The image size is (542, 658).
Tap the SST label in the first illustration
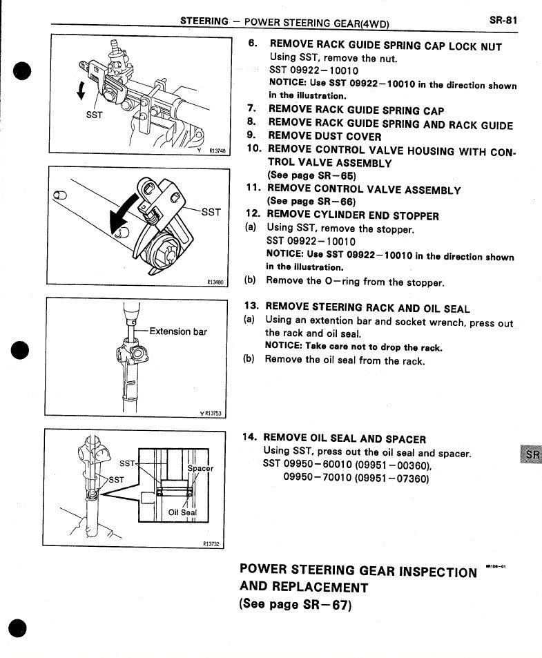pos(94,115)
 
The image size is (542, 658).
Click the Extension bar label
pos(178,331)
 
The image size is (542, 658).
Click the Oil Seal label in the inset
pos(182,512)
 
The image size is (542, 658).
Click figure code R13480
pos(217,282)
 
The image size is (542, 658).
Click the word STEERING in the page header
pos(204,21)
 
